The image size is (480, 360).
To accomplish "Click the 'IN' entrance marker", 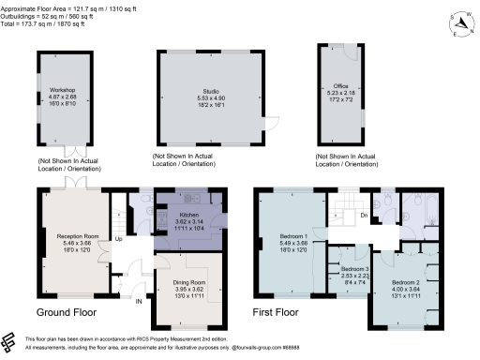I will [138, 302].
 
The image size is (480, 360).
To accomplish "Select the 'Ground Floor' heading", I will [67, 312].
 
